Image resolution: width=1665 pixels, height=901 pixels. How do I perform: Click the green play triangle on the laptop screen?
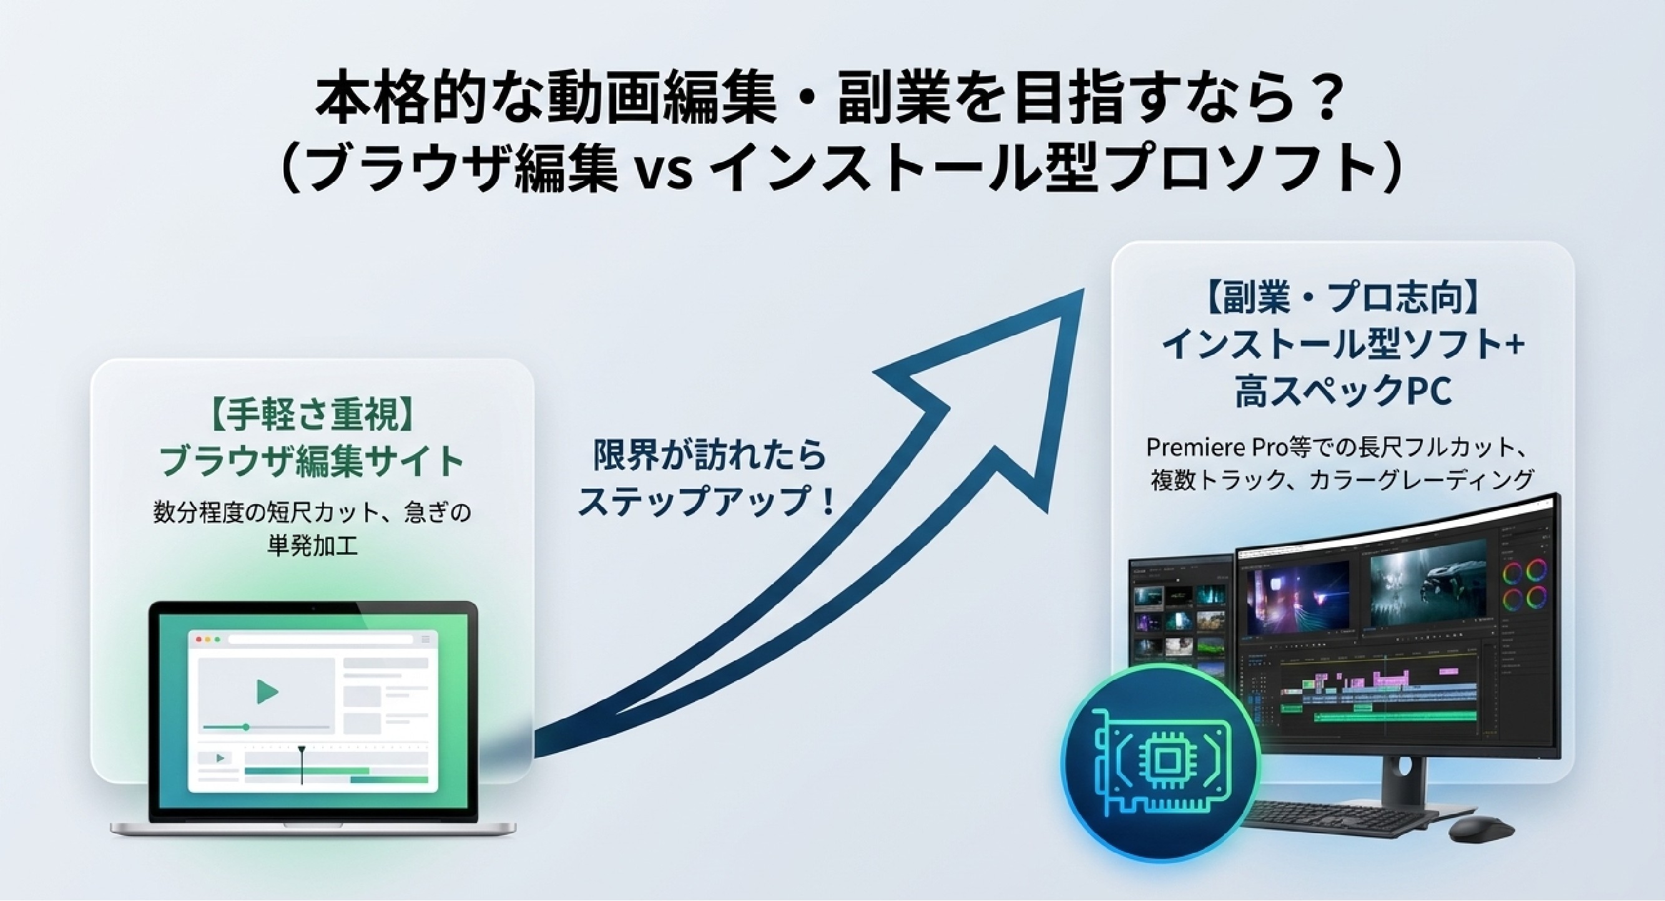pos(267,691)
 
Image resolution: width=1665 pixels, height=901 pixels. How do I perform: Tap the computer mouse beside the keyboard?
pos(1481,828)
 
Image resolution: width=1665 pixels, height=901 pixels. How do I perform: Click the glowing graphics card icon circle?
pos(1161,762)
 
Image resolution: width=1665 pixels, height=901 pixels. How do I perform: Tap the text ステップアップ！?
pos(706,499)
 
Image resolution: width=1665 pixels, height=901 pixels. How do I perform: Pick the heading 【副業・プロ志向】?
pos(1342,299)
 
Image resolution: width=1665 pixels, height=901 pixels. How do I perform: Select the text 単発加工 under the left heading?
pos(312,547)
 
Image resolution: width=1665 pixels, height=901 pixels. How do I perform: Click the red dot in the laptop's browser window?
pos(199,640)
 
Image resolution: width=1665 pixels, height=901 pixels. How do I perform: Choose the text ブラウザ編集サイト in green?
pos(312,460)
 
